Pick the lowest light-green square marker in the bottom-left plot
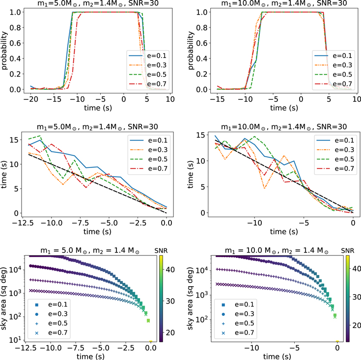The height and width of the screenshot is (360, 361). (x=148, y=321)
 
